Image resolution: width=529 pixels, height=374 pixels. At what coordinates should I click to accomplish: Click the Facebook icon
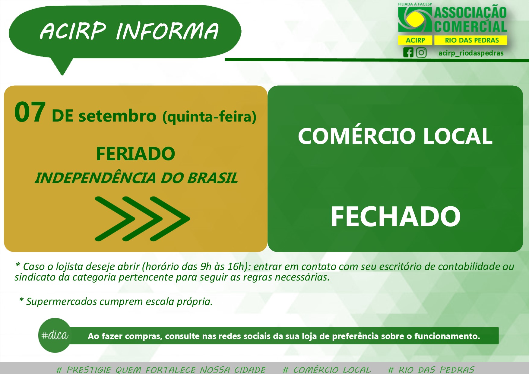point(408,53)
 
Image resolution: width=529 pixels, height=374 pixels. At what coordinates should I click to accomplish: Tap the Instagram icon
point(421,53)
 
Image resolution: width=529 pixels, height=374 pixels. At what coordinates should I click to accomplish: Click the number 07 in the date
point(30,112)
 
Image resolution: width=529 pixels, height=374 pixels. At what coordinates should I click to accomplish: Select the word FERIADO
point(136,154)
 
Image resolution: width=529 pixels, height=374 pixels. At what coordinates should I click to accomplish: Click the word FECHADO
point(396,216)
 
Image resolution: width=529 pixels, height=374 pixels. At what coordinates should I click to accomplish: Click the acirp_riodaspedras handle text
point(471,53)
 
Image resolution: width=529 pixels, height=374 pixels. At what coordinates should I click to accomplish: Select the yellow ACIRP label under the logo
point(415,40)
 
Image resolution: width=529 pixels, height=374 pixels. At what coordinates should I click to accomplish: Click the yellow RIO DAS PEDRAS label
point(471,40)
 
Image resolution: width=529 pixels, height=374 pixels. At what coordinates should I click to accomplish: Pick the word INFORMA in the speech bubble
point(167,31)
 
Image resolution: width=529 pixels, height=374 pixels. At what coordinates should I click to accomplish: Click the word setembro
point(117,116)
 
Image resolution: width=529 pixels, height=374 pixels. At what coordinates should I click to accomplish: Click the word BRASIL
point(212,178)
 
